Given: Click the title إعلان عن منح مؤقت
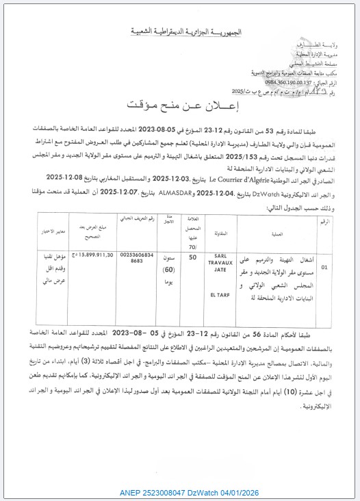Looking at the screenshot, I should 179,105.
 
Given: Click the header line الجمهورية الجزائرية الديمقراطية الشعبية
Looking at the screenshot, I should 179,31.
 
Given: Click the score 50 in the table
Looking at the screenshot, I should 193,236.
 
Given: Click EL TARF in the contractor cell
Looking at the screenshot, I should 228,276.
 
